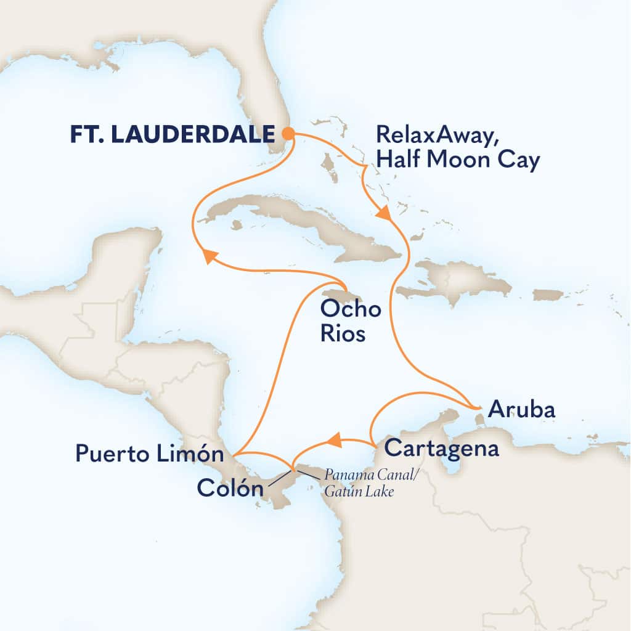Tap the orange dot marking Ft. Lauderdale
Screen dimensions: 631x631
coord(287,133)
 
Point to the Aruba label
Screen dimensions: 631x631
coord(521,410)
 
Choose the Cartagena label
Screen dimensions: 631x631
coord(441,449)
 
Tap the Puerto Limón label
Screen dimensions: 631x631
coord(149,455)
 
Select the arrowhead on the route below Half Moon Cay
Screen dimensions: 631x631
coord(383,214)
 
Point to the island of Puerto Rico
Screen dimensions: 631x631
coord(548,295)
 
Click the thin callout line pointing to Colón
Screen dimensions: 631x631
coord(280,478)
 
